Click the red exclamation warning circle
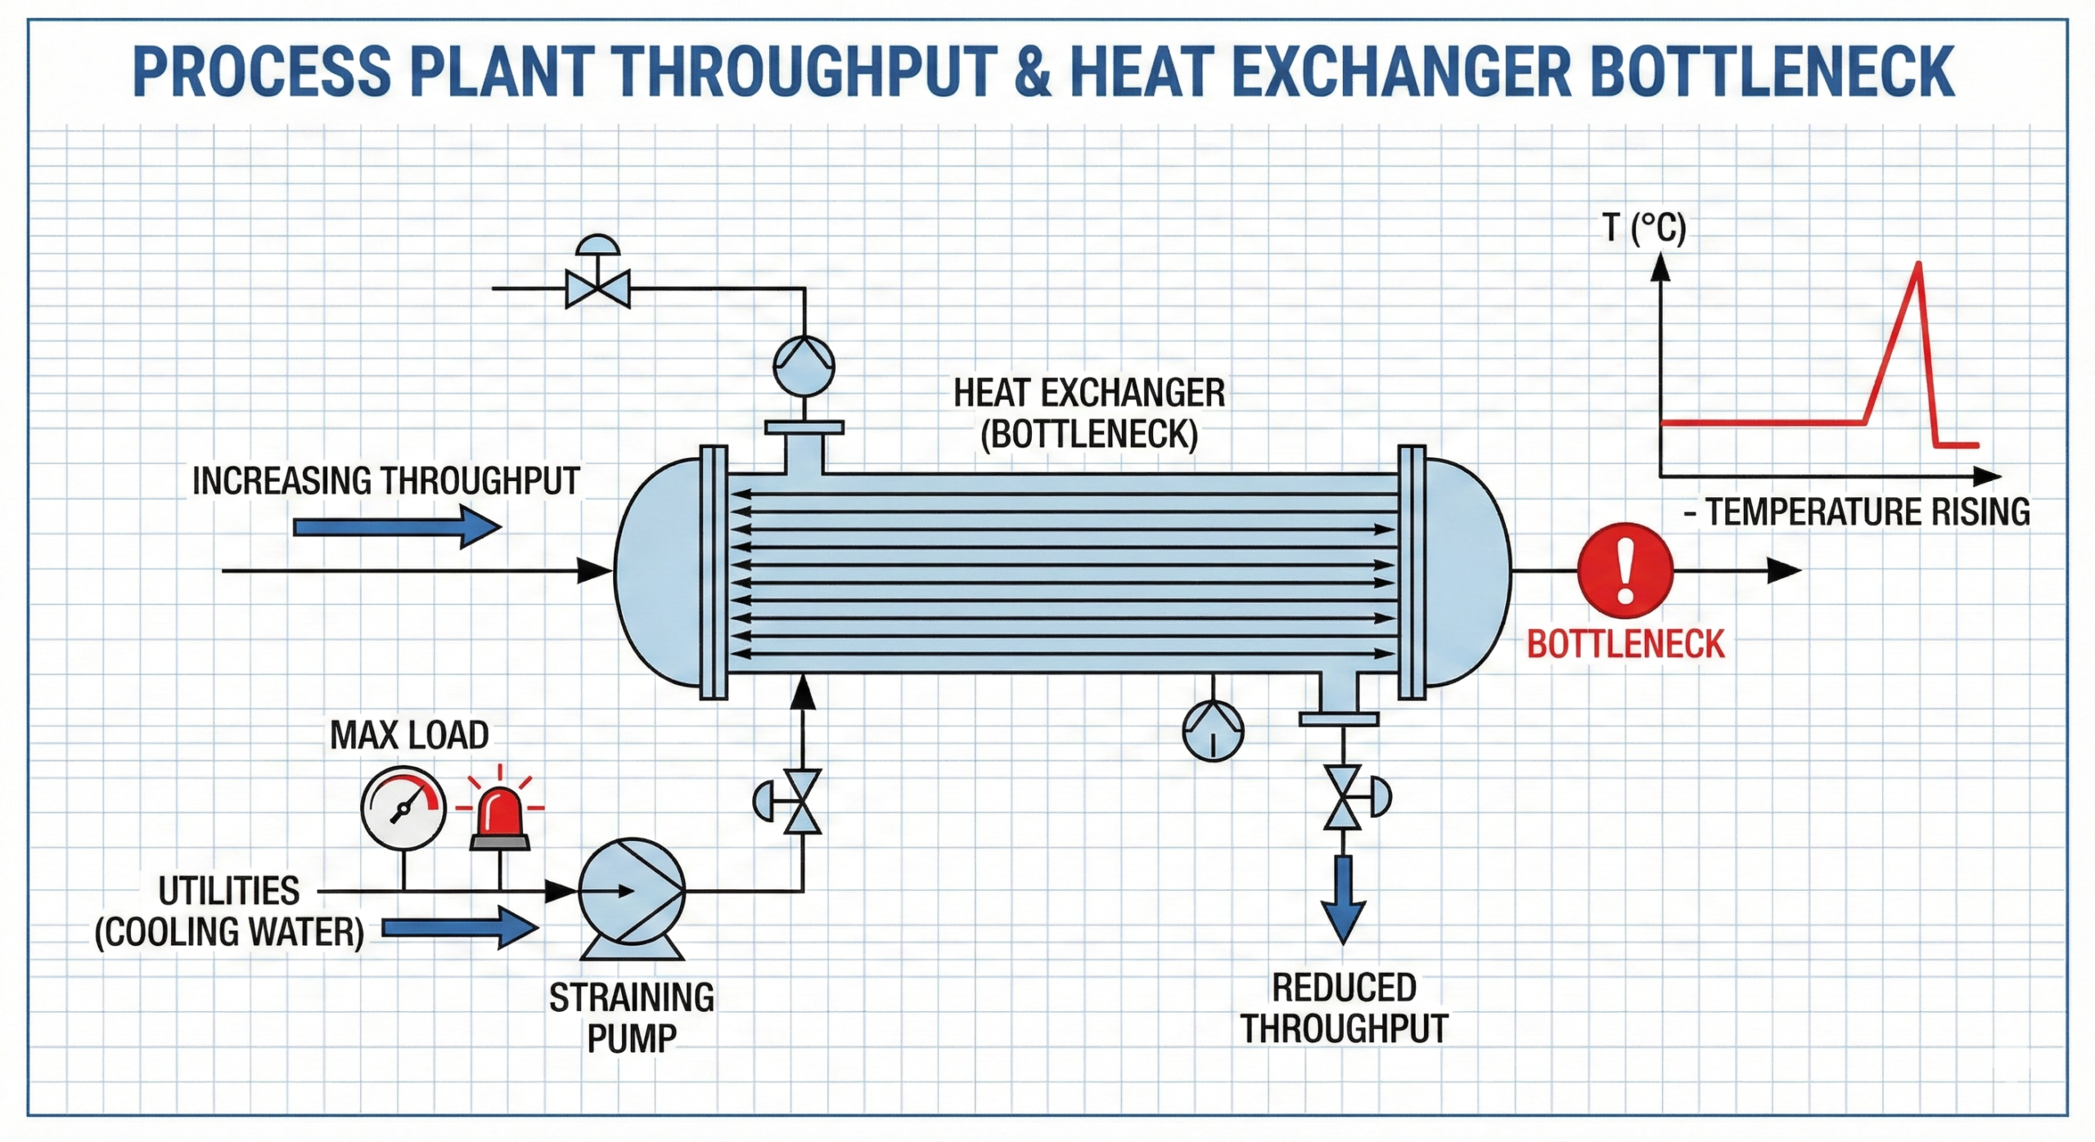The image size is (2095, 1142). coord(1625,571)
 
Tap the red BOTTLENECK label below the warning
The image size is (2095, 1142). coord(1625,645)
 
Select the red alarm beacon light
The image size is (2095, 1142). coord(500,816)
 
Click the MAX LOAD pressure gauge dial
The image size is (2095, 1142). coord(403,808)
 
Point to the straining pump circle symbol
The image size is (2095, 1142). coord(631,891)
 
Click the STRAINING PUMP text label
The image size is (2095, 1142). coord(631,1018)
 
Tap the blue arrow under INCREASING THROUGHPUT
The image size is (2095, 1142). coord(397,526)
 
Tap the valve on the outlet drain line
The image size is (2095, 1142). coord(1343,798)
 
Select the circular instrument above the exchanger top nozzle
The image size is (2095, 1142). coord(804,365)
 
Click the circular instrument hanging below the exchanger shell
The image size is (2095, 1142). coord(1213,731)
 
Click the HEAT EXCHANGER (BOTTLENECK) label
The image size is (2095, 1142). coord(1089,413)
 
